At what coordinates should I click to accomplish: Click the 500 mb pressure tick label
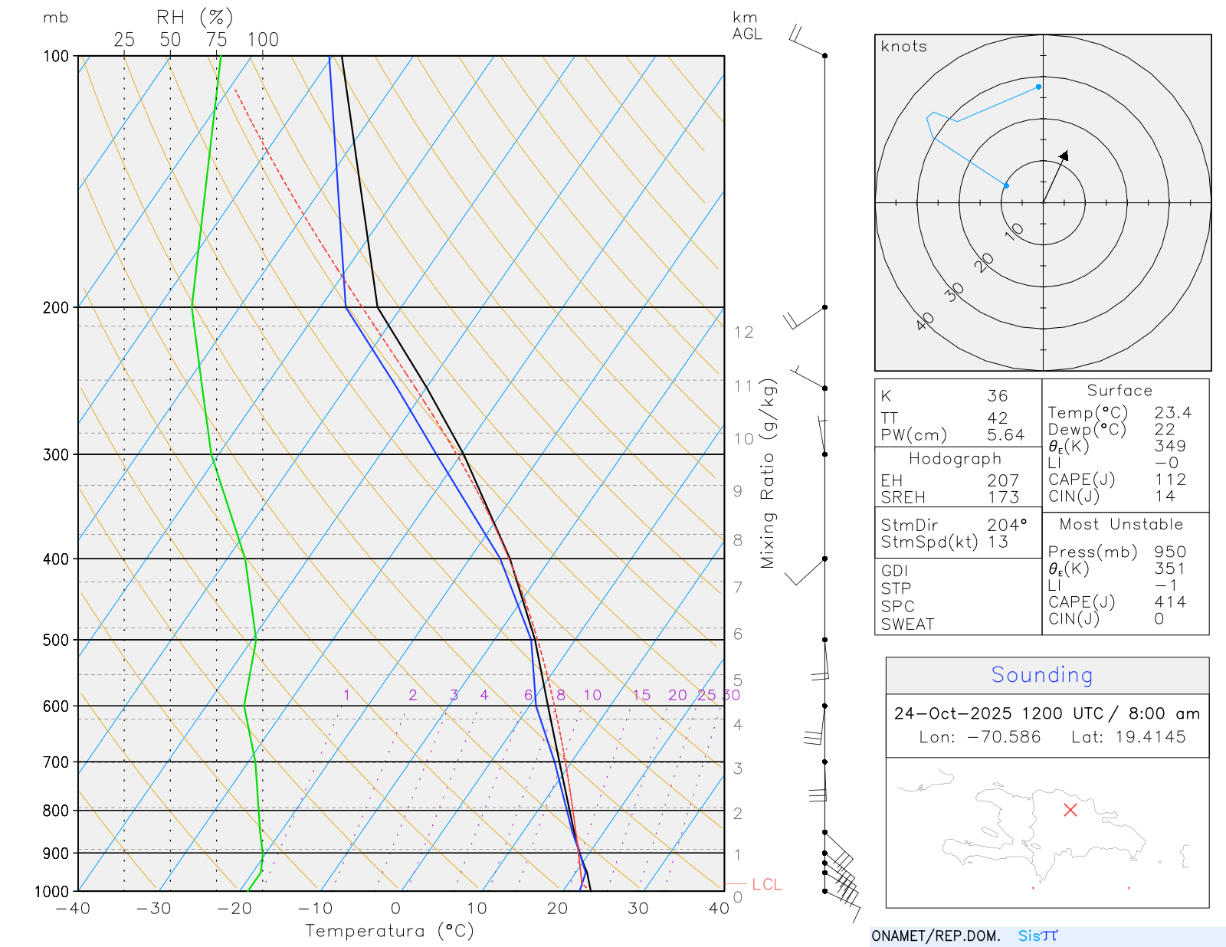(55, 640)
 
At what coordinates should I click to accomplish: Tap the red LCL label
(766, 885)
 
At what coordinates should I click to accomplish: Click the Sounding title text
(1041, 675)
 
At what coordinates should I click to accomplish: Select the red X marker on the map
(1070, 810)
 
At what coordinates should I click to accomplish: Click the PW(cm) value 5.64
(1005, 435)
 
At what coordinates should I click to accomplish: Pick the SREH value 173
(1003, 497)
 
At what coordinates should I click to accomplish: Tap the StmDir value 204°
(1006, 526)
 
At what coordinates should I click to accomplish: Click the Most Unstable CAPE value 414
(1170, 602)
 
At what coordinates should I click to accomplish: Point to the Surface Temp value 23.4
(1172, 413)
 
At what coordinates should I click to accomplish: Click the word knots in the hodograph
(903, 47)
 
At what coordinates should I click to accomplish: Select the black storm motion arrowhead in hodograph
(1064, 156)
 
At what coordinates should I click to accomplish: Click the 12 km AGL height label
(743, 333)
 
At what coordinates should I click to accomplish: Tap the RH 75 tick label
(216, 40)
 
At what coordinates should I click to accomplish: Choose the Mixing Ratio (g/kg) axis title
(768, 473)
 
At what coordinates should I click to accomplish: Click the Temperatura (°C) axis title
(389, 931)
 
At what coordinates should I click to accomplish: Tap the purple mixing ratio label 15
(641, 695)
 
